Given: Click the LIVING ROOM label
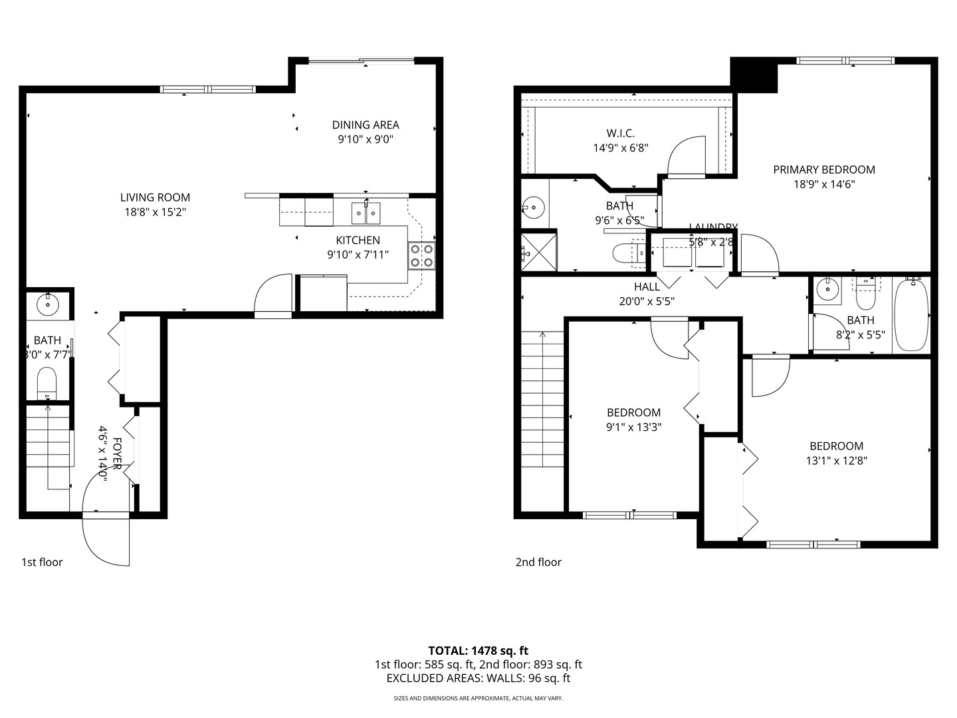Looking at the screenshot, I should [x=155, y=197].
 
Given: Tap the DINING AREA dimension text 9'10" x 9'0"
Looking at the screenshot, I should [x=366, y=140].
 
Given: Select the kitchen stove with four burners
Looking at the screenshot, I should [x=421, y=256].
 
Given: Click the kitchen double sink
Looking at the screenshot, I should [x=366, y=213].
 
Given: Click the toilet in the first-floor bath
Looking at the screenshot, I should [x=47, y=384].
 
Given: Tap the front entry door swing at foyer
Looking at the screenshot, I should [x=105, y=538].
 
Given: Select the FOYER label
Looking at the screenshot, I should [x=117, y=453].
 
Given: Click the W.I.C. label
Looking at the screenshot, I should [x=620, y=134].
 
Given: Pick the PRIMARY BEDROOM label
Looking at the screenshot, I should [x=824, y=170].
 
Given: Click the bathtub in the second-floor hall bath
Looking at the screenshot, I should [x=912, y=315].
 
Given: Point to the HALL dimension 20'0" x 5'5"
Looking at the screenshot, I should [x=647, y=301].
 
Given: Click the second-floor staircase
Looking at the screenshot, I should [x=543, y=399].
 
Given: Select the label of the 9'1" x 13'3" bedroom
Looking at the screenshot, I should [x=633, y=413].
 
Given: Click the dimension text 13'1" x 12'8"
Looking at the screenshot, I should [x=837, y=460].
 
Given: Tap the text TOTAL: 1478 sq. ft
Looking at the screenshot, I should [x=478, y=651].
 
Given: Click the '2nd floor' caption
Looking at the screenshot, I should [x=538, y=562].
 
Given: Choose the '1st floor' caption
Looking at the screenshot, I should [x=42, y=562].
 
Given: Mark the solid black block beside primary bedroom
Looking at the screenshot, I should [x=754, y=75].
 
